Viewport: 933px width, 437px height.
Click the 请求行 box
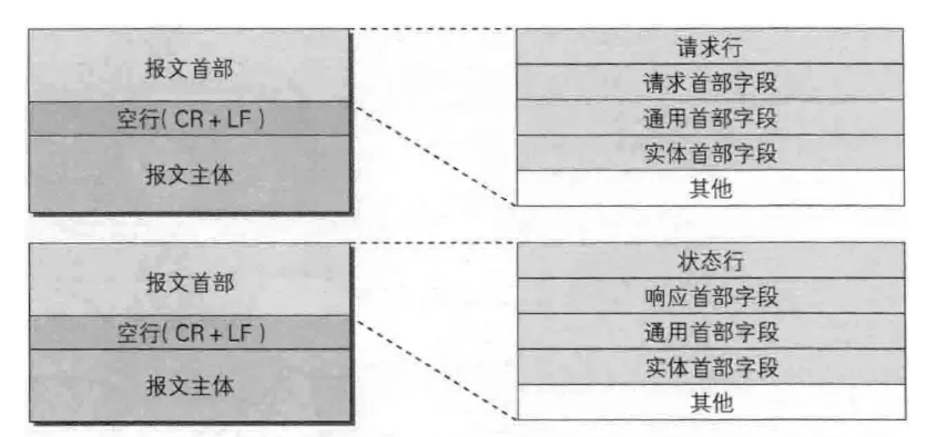coord(710,46)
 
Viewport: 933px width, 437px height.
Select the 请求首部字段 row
coord(710,82)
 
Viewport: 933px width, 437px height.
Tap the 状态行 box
coord(711,260)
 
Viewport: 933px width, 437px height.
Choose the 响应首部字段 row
coord(711,296)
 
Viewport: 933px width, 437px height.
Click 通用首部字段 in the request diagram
coord(710,117)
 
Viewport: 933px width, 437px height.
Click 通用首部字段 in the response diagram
coord(711,331)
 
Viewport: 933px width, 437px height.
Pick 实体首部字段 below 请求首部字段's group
coord(710,153)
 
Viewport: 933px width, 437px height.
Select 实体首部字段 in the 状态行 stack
coord(711,367)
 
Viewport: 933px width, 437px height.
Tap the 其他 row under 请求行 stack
coord(710,188)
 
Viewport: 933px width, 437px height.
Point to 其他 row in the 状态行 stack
coord(711,403)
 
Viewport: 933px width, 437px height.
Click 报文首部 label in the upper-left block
coord(188,68)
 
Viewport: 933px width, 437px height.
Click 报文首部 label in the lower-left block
coord(189,282)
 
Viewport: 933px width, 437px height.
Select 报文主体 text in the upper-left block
coord(188,174)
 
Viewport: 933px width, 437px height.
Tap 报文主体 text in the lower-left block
coord(189,386)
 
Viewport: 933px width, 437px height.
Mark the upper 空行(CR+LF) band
coord(189,119)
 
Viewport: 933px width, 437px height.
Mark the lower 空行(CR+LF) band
coord(190,333)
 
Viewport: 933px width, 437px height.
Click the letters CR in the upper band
coord(189,119)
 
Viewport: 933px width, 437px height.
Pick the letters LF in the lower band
coord(240,333)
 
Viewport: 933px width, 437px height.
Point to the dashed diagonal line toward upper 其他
coord(435,156)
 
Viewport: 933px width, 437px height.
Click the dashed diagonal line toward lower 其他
coord(436,370)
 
